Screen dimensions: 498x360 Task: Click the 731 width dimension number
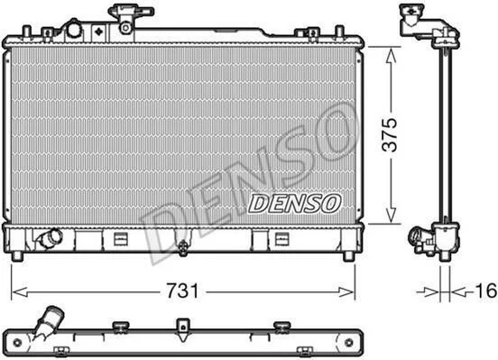182,291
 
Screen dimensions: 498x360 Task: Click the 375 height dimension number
390,134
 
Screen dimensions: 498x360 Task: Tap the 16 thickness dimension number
485,291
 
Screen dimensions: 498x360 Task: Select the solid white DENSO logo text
294,203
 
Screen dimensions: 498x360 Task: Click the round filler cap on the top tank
74,30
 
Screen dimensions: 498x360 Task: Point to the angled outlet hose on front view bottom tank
51,237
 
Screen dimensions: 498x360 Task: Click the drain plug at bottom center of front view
183,247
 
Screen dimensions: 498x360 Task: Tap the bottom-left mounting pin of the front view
17,256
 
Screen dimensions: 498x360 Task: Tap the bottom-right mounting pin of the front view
349,256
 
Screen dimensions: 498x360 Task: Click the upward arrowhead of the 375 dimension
391,56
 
